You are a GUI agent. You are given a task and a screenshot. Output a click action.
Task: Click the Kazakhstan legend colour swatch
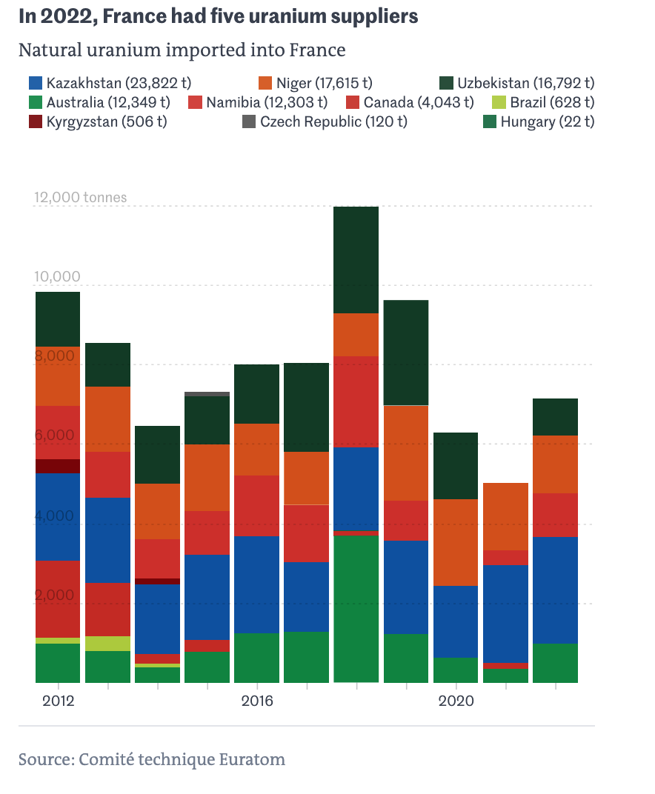(x=35, y=83)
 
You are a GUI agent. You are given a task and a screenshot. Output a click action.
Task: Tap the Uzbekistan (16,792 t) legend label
(x=525, y=83)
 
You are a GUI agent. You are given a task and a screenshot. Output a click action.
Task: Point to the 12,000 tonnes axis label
(x=80, y=198)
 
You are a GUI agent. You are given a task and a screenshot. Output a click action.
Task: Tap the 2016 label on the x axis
(x=256, y=701)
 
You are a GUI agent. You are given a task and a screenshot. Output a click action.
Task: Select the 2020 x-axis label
(x=456, y=701)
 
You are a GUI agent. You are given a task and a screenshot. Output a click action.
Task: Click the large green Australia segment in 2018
(x=356, y=607)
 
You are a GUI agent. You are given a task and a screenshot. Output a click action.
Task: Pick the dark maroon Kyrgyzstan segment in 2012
(x=58, y=466)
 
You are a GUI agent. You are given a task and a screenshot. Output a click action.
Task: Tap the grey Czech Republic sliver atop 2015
(x=207, y=394)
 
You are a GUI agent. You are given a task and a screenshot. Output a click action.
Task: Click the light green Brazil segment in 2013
(x=107, y=643)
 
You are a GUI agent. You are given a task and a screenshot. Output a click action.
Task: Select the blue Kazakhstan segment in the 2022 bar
(x=555, y=590)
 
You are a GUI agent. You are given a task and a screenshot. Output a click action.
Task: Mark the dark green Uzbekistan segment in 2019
(x=406, y=353)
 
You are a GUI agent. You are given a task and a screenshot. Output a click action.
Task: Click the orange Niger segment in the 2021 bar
(x=505, y=516)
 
